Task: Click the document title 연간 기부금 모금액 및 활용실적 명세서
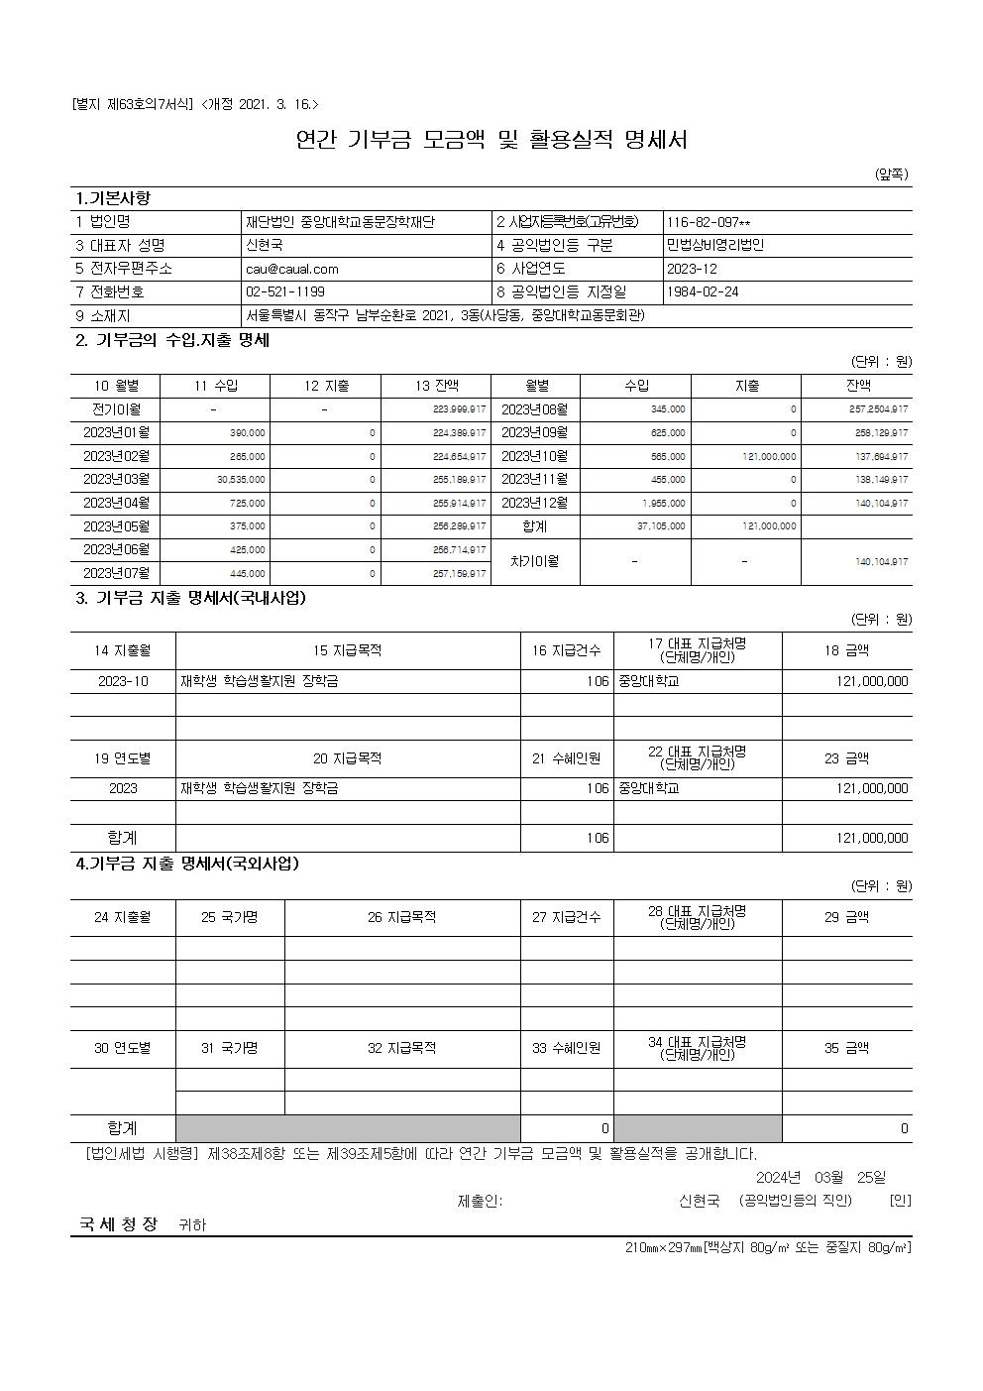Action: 491,140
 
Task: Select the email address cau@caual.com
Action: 292,269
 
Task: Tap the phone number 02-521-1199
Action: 285,292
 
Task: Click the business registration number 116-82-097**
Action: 709,222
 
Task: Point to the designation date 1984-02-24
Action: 703,292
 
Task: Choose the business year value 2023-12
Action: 692,269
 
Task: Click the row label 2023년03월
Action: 116,480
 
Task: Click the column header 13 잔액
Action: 436,386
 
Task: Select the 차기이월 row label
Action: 535,561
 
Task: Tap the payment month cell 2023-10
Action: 123,681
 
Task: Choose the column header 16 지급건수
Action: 567,650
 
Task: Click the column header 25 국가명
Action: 230,917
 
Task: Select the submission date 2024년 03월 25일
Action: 820,1177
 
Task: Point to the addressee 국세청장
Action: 119,1223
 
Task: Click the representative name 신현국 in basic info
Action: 264,245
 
